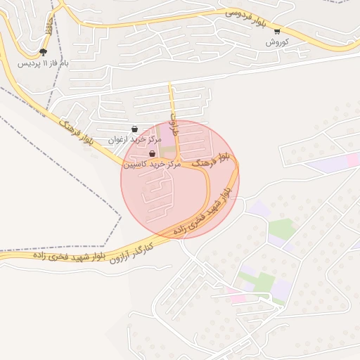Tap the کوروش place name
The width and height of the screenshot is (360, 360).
[277, 42]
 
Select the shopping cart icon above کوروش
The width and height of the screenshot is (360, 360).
[277, 31]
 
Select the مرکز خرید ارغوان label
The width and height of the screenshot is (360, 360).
[134, 140]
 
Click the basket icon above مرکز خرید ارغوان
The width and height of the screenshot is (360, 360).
[134, 129]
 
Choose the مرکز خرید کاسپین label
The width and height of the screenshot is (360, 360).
[153, 164]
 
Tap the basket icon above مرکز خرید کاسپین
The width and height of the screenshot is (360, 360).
[152, 153]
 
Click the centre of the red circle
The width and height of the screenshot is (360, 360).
[180, 179]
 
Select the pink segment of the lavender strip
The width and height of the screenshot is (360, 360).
[351, 160]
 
